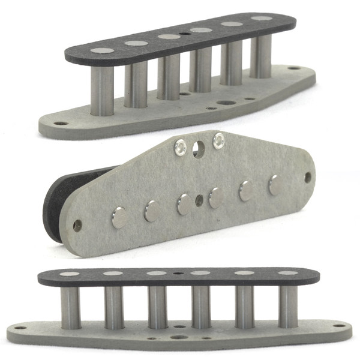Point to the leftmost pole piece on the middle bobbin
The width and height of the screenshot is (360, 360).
click(120, 218)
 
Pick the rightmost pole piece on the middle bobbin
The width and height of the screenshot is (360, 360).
click(275, 185)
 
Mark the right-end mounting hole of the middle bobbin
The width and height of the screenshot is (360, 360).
click(308, 178)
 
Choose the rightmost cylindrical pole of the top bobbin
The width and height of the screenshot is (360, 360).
click(260, 57)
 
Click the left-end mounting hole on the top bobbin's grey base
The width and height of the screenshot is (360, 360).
click(61, 123)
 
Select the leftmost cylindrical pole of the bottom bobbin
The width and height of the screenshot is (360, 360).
click(70, 306)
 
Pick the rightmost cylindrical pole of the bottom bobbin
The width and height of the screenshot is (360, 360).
click(289, 306)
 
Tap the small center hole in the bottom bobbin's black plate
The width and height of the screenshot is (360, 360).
click(179, 272)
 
